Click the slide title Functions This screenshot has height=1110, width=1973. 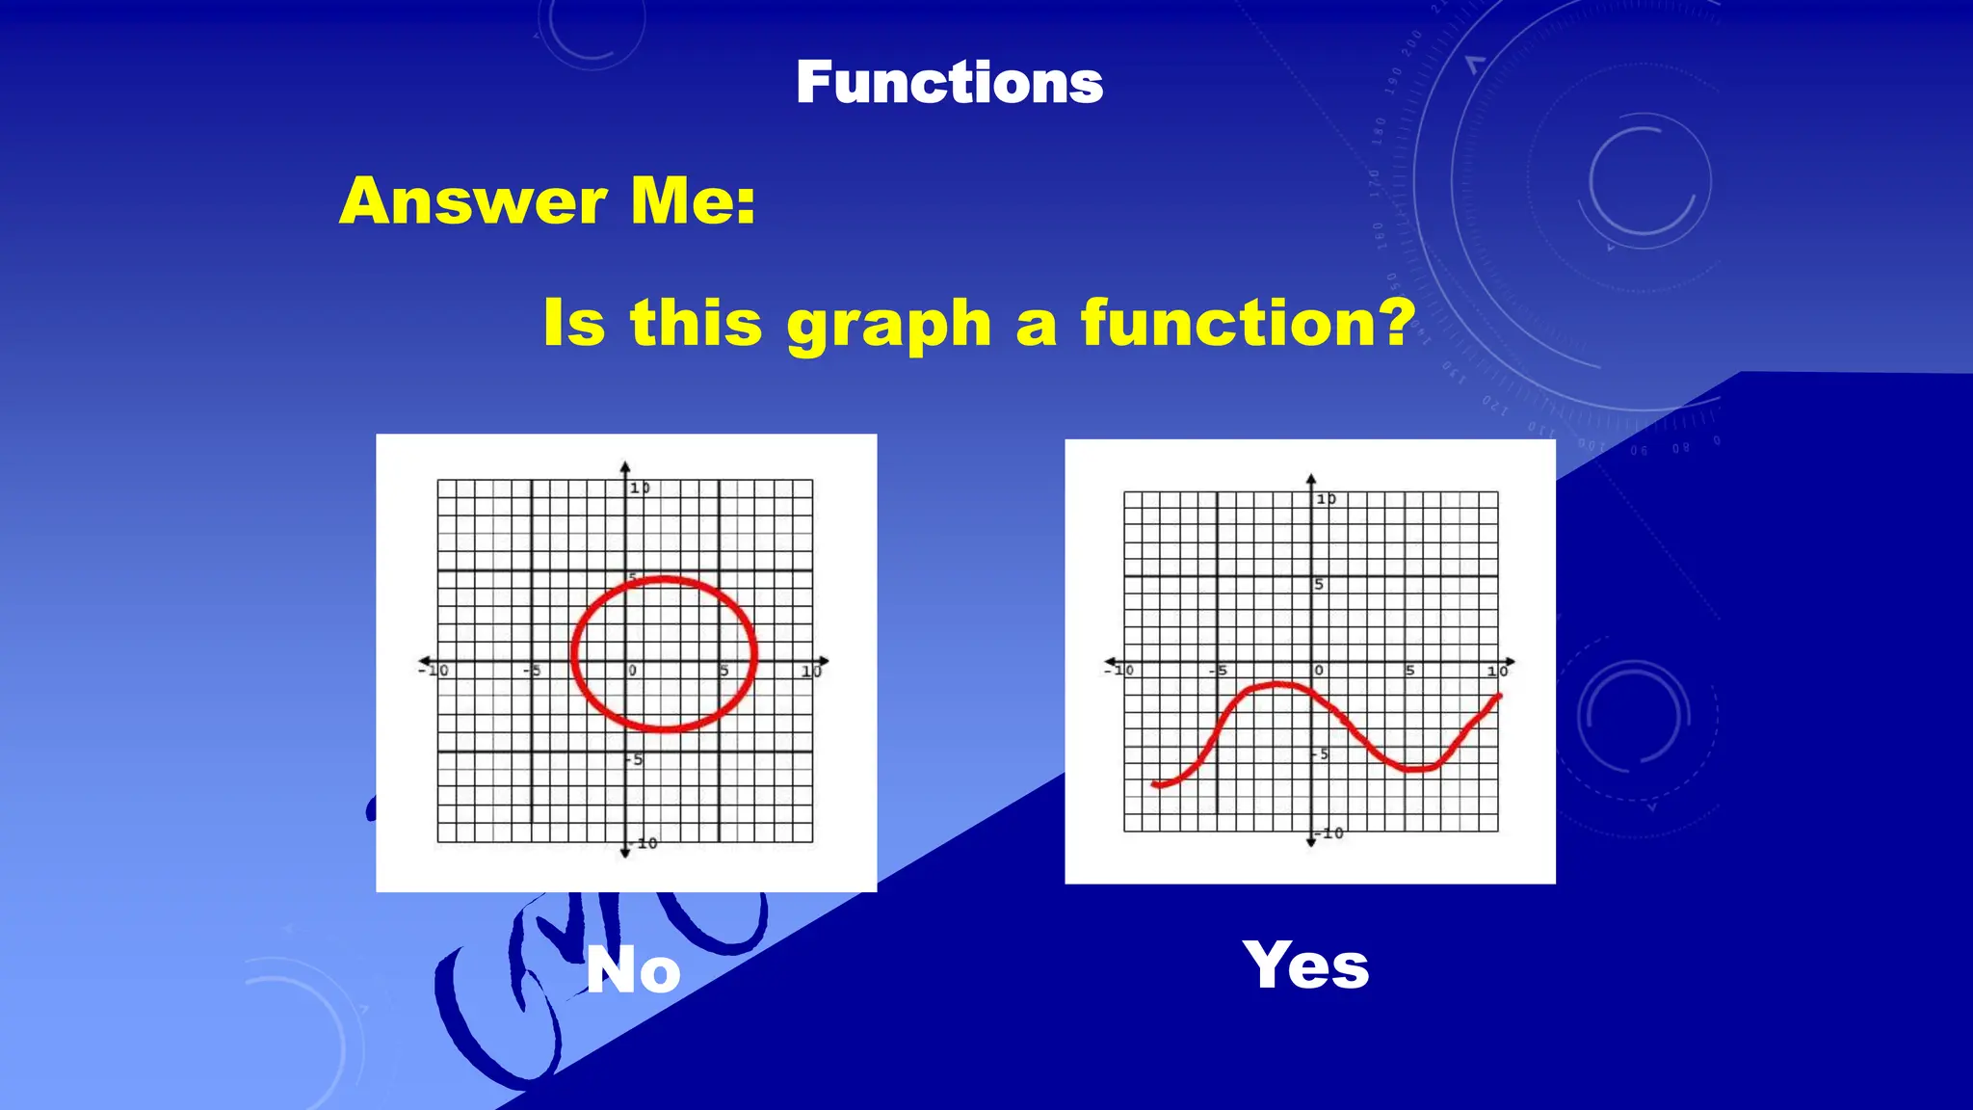click(949, 83)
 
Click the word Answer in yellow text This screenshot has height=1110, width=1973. click(472, 201)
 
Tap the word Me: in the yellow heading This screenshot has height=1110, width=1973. click(693, 201)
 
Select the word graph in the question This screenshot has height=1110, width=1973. click(889, 325)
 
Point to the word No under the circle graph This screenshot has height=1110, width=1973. click(633, 970)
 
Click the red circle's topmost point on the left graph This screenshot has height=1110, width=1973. click(665, 578)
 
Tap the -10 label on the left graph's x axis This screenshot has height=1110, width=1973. click(435, 670)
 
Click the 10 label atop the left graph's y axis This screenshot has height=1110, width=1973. click(640, 489)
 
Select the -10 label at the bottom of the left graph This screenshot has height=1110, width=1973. click(645, 843)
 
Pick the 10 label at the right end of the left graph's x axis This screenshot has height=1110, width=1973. click(811, 671)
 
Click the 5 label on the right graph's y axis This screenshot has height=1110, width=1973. click(1319, 585)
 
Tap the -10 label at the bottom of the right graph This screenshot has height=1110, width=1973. click(1331, 832)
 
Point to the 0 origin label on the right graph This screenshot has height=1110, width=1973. click(1319, 670)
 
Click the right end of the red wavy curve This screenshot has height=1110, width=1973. click(1499, 696)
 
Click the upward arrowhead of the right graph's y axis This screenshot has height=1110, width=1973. click(1311, 479)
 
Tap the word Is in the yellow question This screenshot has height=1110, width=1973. click(574, 323)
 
